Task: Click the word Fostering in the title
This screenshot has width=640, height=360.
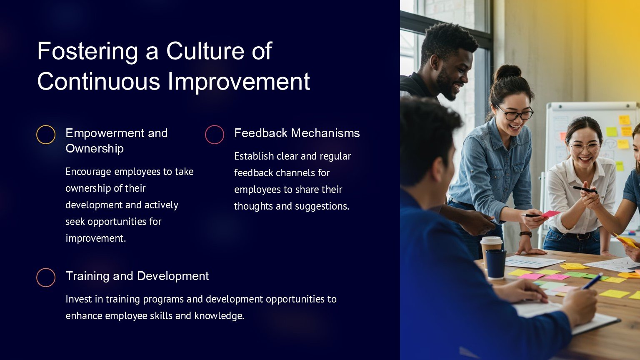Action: [x=88, y=52]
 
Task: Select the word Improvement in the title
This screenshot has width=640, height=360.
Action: [x=239, y=82]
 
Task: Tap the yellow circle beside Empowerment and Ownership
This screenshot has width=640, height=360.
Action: [x=46, y=135]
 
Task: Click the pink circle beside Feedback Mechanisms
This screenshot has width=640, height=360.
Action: [x=215, y=135]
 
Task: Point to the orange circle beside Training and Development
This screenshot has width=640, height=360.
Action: [x=46, y=277]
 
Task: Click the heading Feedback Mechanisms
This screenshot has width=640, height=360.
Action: [x=297, y=133]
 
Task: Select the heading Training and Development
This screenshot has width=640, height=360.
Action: [x=137, y=276]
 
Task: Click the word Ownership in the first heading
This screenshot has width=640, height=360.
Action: [x=95, y=149]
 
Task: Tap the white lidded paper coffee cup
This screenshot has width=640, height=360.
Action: [x=491, y=249]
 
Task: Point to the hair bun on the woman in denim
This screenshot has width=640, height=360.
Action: [x=508, y=72]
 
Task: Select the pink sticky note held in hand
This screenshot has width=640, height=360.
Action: [x=550, y=214]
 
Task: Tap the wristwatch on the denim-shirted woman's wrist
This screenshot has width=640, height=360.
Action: [x=526, y=234]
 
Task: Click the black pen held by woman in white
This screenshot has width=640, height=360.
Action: [x=584, y=190]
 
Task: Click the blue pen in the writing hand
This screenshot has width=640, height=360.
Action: [x=592, y=281]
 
